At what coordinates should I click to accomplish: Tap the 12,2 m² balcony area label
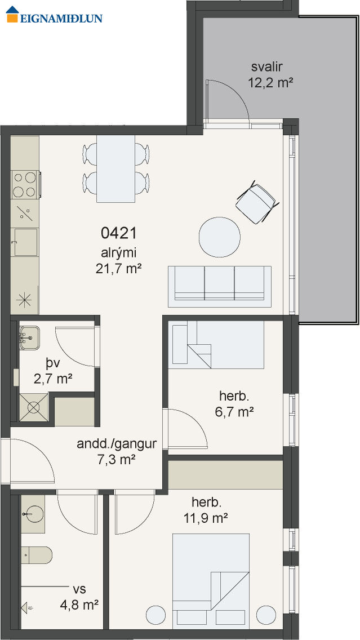coord(270,83)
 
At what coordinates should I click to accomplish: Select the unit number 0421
coord(118,233)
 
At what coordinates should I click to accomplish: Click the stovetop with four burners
coord(26,185)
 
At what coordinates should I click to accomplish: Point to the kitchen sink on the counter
coord(25,242)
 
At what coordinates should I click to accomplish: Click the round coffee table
coord(220,237)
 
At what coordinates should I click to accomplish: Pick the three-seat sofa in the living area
coord(220,287)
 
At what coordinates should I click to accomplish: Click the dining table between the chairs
coord(115,169)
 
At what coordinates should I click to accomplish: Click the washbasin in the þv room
coord(29,337)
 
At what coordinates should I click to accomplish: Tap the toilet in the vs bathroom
coord(36,555)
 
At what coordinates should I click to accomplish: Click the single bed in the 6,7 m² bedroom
coord(216,344)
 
